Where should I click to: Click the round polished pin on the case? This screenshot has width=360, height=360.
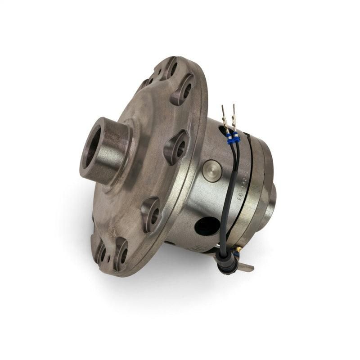point(211,171)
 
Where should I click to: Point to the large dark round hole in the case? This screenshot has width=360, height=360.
point(207,225)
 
